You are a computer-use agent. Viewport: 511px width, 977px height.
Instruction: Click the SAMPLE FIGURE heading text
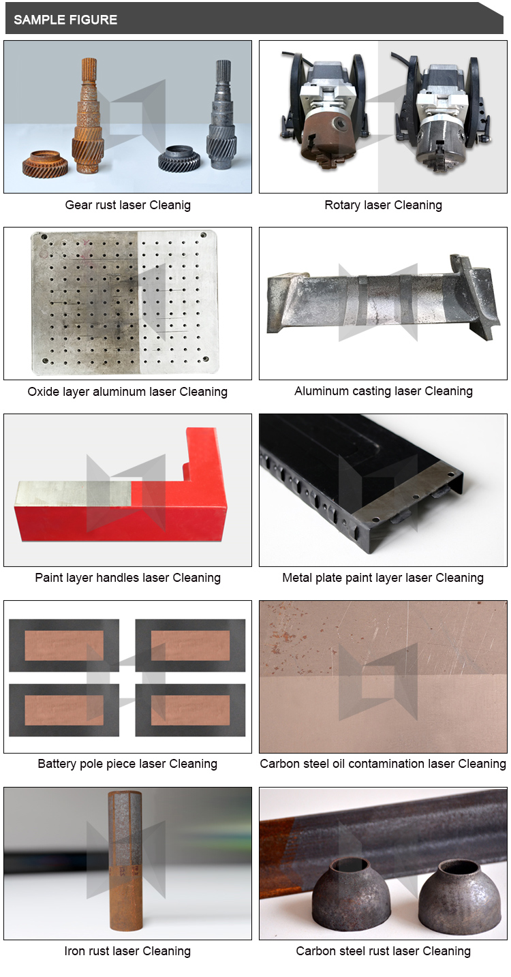coord(65,20)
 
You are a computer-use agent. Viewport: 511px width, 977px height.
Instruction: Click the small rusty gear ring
coord(46,164)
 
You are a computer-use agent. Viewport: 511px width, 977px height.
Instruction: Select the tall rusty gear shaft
coord(89,116)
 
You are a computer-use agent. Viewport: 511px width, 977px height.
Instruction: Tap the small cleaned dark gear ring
coord(179,158)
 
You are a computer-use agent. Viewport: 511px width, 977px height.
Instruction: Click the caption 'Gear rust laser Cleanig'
coord(128,205)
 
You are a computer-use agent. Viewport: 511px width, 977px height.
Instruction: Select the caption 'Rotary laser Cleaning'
coord(383,205)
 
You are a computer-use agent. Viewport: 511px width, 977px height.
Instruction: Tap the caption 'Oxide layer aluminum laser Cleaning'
coord(128,392)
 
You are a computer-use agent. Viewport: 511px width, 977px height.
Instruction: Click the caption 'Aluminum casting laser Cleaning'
coord(384,391)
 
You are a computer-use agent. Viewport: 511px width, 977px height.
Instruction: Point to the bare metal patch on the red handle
coord(74,494)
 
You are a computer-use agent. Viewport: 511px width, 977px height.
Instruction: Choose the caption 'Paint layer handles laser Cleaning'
coord(128,578)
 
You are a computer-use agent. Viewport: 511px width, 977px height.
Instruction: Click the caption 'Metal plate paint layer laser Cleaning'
coord(383,578)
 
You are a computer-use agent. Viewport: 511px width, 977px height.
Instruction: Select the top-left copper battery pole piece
coord(64,645)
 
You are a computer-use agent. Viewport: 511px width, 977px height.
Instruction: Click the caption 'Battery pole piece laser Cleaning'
coord(128,764)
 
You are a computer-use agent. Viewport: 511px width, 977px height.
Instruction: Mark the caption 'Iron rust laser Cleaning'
coord(128,951)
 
